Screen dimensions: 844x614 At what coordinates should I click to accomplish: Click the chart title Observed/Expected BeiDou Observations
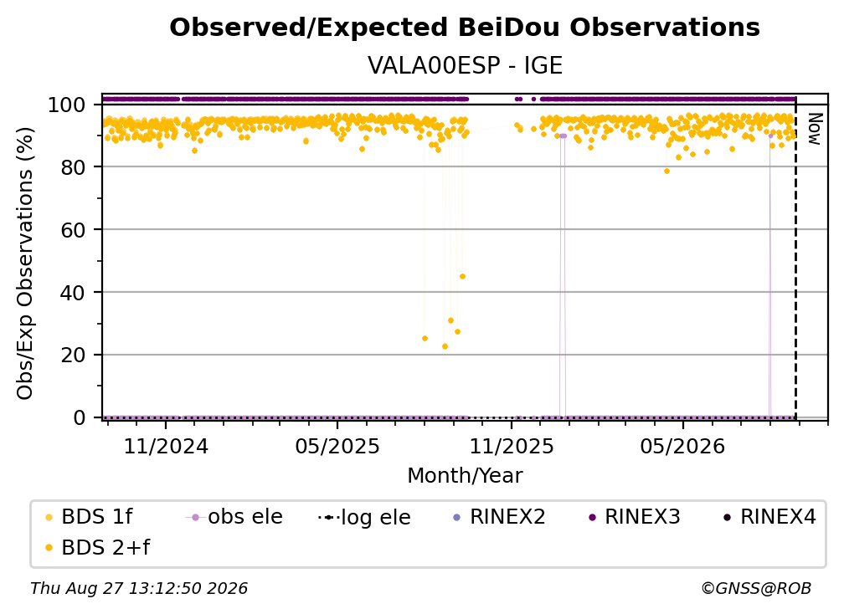tap(465, 28)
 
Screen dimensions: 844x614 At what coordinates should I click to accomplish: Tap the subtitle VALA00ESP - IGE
tap(465, 66)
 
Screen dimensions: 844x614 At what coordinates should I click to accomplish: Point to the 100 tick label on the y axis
tap(67, 105)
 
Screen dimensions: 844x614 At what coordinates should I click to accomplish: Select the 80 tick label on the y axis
tap(73, 167)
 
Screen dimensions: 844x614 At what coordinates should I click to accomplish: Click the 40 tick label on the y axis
tap(73, 293)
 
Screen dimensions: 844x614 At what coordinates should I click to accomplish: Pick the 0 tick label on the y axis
tap(80, 417)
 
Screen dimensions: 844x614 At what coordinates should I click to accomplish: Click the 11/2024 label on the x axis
tap(166, 446)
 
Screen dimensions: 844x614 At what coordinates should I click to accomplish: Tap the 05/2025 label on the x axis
tap(337, 446)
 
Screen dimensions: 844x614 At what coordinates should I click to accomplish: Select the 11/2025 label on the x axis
tap(512, 446)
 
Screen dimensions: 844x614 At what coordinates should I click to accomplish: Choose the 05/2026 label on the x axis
tap(682, 446)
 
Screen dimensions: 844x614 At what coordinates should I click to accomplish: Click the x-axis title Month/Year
tap(465, 476)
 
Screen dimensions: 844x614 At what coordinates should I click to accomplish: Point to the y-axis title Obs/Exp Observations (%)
tap(25, 263)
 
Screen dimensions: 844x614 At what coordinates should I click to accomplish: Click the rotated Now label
tap(815, 129)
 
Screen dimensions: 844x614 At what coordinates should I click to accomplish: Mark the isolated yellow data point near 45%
tap(462, 277)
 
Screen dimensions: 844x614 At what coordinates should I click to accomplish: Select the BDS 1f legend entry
tap(89, 517)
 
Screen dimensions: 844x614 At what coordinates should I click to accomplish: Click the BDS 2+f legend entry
tap(97, 547)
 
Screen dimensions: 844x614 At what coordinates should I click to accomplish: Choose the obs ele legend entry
tap(234, 517)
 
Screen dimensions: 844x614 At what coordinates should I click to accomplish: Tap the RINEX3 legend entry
tap(636, 517)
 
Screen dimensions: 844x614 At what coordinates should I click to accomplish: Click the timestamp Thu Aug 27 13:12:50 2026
tap(139, 588)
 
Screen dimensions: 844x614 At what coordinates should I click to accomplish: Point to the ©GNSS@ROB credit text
tap(756, 588)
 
